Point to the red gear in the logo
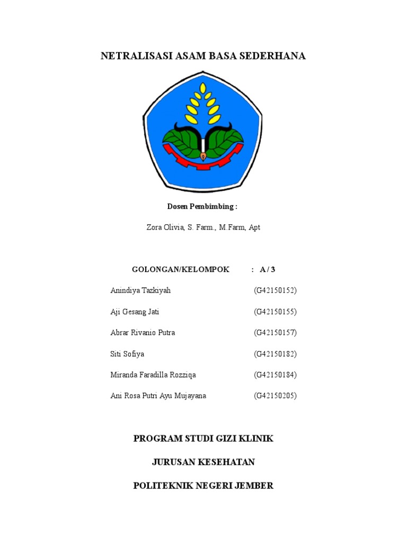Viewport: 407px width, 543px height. pos(203,160)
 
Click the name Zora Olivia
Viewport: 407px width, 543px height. pos(165,227)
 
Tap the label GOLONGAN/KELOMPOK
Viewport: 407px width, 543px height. pos(180,269)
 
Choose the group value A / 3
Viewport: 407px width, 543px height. pos(268,269)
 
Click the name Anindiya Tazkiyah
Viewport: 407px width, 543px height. pos(140,291)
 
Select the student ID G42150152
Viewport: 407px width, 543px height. pos(275,291)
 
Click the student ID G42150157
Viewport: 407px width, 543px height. pos(275,333)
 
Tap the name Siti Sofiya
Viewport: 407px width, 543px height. pos(127,354)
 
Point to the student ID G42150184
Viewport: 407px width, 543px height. pos(275,375)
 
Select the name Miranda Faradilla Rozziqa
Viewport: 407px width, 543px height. pos(153,375)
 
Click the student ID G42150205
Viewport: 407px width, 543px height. pos(275,396)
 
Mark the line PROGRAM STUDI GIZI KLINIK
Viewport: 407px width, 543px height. pos(203,439)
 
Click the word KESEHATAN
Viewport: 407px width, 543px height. pos(226,462)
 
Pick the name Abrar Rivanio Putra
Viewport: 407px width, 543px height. pos(143,333)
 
